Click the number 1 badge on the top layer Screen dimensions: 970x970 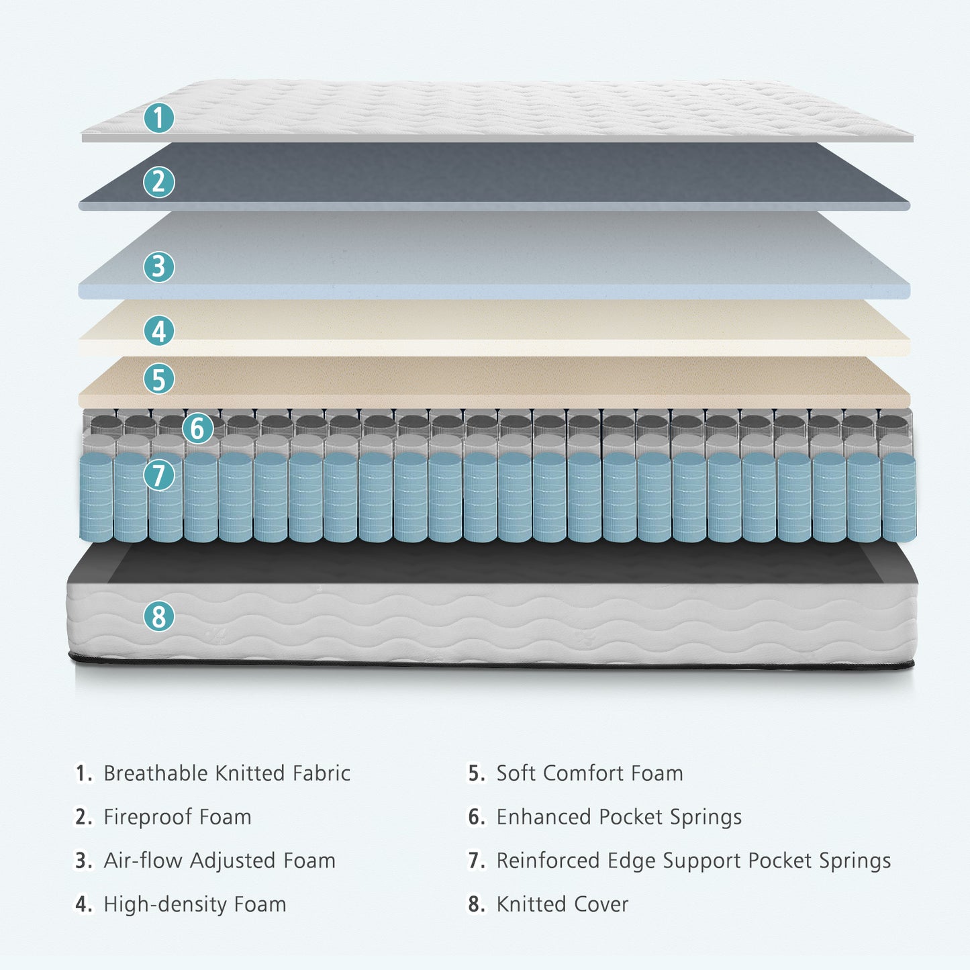tap(159, 118)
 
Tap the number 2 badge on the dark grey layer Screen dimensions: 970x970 tap(159, 182)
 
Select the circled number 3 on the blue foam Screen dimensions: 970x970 tap(159, 266)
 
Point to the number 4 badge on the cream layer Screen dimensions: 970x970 tap(159, 331)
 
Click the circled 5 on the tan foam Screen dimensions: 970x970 tap(159, 379)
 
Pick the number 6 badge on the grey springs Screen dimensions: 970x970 tap(197, 428)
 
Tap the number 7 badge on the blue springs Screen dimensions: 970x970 tap(159, 475)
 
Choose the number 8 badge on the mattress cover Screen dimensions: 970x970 tap(159, 616)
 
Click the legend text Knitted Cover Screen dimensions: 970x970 tap(562, 904)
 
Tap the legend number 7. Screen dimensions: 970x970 tap(476, 861)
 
